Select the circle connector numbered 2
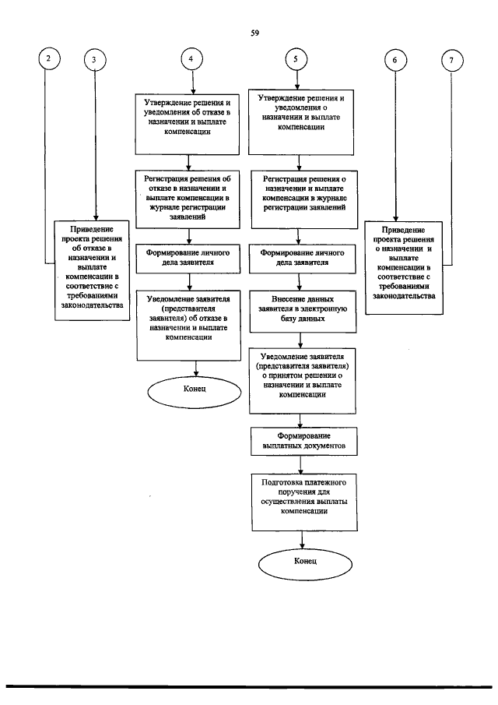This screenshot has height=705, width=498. click(51, 59)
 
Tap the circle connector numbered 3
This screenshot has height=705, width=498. click(95, 59)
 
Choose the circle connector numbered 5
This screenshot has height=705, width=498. click(296, 59)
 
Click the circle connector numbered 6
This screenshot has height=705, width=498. click(395, 59)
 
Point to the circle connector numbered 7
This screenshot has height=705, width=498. click(452, 59)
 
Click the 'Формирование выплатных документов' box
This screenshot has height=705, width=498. click(303, 442)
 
